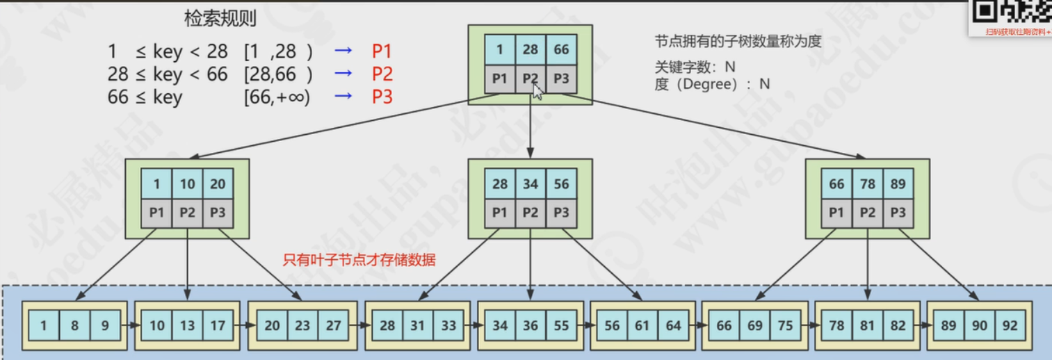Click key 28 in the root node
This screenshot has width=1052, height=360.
[x=531, y=49]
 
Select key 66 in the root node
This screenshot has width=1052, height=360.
[x=561, y=49]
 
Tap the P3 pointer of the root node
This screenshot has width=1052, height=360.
[x=561, y=79]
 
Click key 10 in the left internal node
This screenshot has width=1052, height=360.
[x=187, y=183]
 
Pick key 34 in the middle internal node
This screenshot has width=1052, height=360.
[x=531, y=183]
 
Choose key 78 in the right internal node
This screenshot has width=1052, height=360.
[x=867, y=183]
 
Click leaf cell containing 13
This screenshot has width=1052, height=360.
[x=187, y=325]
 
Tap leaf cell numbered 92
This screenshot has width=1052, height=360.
[x=1010, y=325]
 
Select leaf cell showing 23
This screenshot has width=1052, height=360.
[x=302, y=325]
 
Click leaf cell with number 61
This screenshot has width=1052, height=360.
[x=642, y=325]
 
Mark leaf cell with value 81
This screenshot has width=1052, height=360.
[x=867, y=325]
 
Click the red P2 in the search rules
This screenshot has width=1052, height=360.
[x=382, y=74]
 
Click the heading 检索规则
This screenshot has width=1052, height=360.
[x=220, y=19]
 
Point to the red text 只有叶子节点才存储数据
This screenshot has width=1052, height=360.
[x=359, y=261]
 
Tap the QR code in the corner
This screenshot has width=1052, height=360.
[x=1011, y=13]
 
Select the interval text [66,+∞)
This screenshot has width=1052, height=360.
[x=277, y=97]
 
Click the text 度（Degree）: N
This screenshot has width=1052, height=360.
[x=712, y=84]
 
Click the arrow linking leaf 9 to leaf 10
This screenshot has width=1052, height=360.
[x=131, y=325]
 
